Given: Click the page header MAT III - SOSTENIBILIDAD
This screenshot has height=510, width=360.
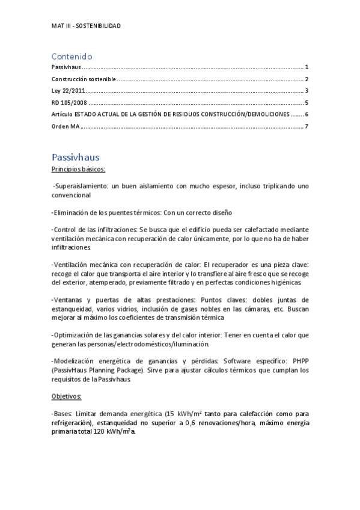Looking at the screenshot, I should click(x=86, y=26).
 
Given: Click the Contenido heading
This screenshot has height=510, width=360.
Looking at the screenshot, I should click(x=72, y=56).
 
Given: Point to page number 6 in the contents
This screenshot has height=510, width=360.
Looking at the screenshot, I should click(x=307, y=114).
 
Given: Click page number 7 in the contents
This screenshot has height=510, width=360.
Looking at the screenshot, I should click(x=307, y=126).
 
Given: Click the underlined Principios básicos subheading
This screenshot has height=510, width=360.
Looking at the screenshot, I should click(x=79, y=170).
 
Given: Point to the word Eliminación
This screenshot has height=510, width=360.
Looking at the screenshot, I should click(x=71, y=212).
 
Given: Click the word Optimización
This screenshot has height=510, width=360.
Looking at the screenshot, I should click(x=74, y=334).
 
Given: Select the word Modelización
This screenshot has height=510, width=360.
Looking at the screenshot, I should click(x=74, y=361).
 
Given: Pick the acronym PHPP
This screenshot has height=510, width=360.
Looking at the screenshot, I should click(x=301, y=361).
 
